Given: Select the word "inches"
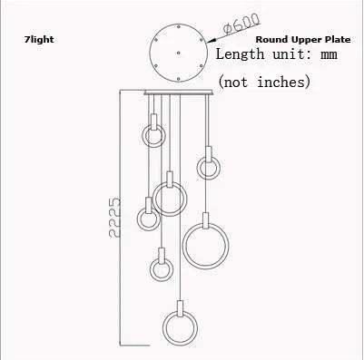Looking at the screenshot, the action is (286, 83).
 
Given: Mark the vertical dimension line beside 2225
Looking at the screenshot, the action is (120, 218).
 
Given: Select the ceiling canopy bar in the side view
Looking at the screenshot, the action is (181, 92).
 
